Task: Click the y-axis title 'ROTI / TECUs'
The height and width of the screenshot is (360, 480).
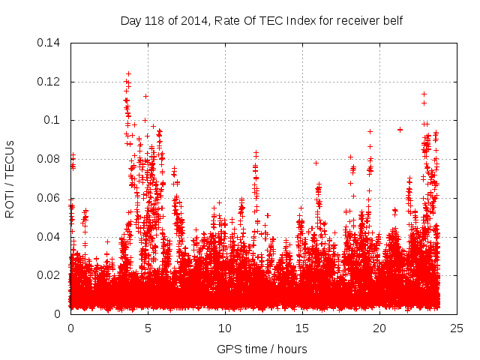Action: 10,178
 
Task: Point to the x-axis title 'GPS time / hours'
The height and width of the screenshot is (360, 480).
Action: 262,349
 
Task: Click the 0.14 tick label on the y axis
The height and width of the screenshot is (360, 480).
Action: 50,43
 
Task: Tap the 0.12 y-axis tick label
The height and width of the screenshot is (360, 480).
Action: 50,82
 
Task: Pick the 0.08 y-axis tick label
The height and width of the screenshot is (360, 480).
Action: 50,159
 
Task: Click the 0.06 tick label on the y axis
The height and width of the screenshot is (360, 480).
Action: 50,198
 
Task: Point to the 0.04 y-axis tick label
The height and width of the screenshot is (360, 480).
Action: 50,237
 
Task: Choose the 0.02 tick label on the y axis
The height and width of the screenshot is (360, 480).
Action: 50,275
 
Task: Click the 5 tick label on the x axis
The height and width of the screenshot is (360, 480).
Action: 148,328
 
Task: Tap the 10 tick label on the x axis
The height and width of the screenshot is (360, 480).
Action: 225,328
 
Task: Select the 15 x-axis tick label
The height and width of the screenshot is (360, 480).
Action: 302,328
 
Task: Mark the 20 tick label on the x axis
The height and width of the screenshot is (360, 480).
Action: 379,328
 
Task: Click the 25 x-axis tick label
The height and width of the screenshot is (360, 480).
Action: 457,328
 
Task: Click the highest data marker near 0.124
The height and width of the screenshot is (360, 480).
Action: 128,74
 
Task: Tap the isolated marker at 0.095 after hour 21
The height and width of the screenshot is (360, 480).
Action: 400,130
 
